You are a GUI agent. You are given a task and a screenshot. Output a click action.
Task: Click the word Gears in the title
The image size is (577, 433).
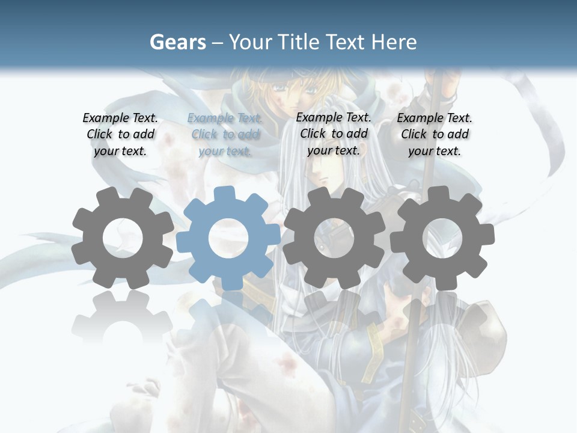[177, 42]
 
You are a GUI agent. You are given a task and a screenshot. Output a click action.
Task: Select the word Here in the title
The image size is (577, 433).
[394, 42]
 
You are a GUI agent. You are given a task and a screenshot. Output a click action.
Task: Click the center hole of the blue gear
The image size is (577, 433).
[228, 238]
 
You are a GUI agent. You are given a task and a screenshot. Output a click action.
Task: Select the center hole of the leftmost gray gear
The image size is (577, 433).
[123, 238]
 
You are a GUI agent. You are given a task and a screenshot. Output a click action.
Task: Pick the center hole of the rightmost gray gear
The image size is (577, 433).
[442, 238]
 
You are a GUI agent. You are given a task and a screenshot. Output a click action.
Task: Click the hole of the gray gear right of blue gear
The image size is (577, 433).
[334, 238]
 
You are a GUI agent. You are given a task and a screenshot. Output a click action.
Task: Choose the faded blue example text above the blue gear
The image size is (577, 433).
[225, 135]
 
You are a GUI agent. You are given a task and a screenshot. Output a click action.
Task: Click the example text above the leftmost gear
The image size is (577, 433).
[120, 135]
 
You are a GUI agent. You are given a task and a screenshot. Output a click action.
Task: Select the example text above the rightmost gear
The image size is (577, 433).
[435, 135]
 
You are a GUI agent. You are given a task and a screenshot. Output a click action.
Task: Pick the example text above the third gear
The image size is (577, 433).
[334, 134]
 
